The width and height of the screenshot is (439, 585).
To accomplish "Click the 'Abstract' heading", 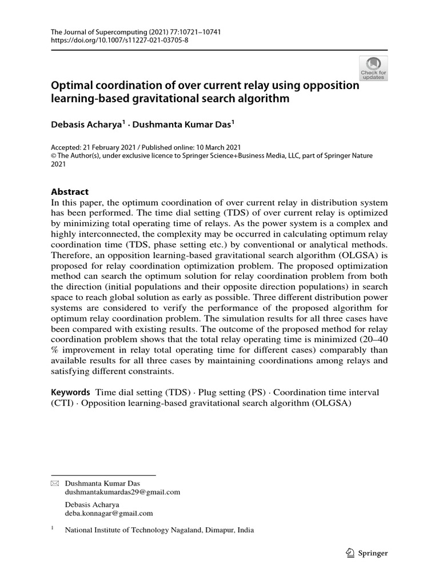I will pyautogui.click(x=70, y=192).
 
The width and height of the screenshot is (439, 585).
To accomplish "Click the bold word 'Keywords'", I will pyautogui.click(x=71, y=392).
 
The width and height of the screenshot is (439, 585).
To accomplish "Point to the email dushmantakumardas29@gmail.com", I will pyautogui.click(x=122, y=491).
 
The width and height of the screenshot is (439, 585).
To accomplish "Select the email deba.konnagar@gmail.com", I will pyautogui.click(x=109, y=513).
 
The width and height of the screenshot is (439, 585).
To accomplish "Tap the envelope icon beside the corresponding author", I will pyautogui.click(x=55, y=483).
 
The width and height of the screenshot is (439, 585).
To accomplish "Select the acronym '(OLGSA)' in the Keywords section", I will pyautogui.click(x=330, y=403).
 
